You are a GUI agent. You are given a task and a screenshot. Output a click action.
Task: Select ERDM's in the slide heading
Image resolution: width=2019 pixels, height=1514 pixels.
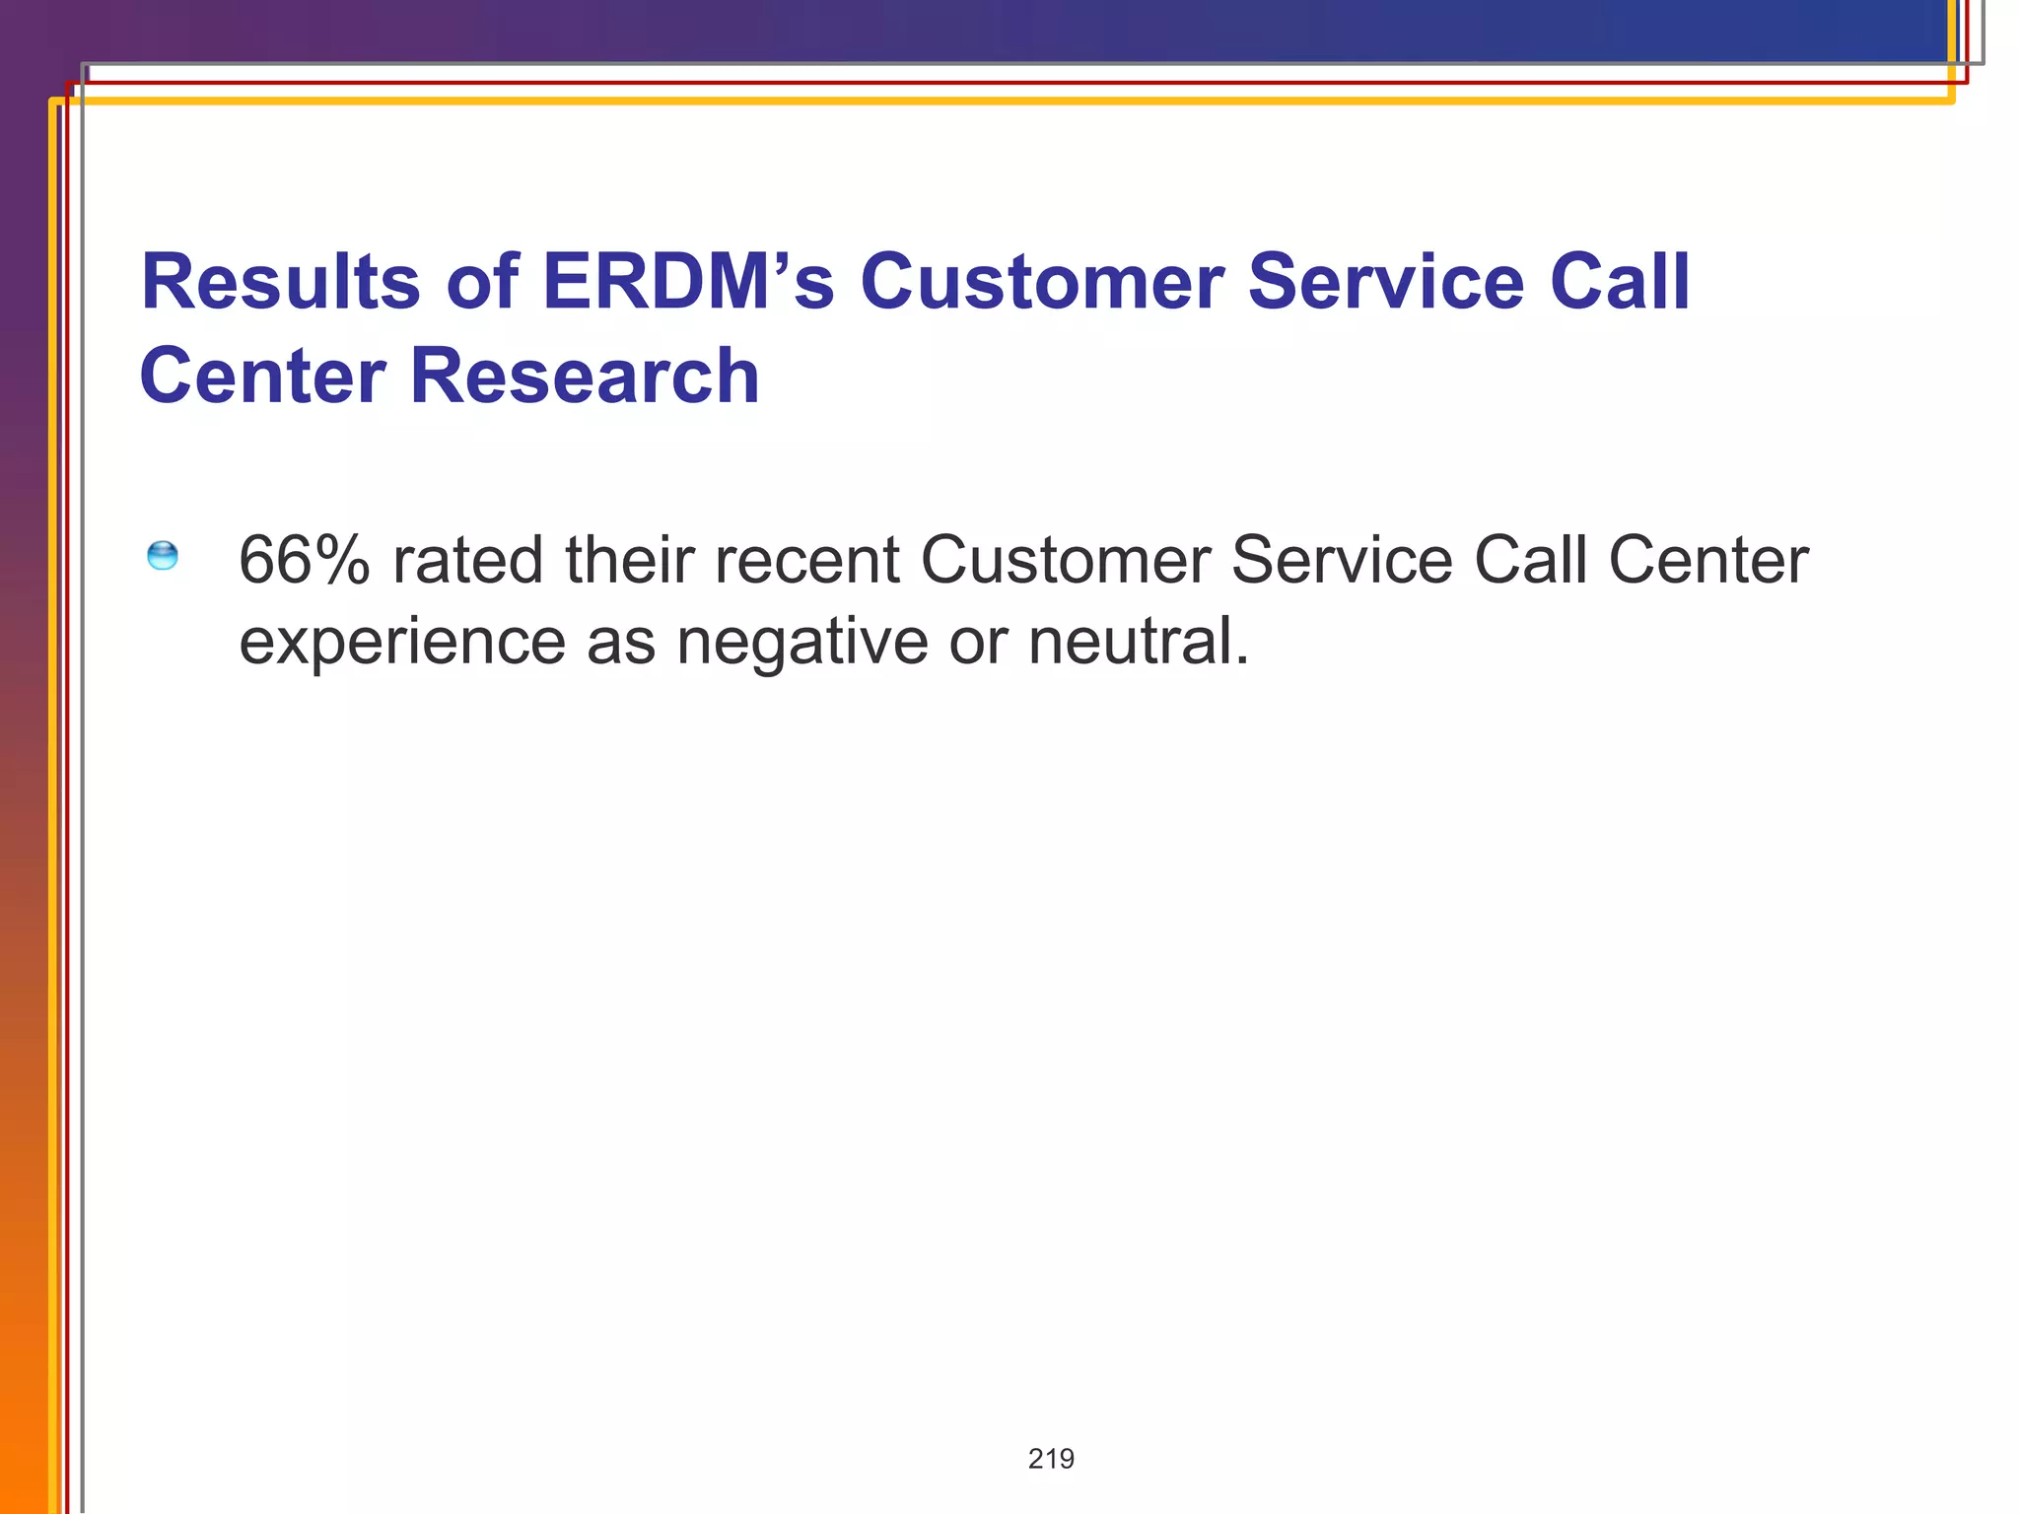point(688,282)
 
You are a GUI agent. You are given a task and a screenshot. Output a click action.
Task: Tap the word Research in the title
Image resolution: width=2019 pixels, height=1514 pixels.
point(585,377)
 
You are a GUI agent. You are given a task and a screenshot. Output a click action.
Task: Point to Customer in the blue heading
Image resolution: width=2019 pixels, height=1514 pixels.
point(1042,282)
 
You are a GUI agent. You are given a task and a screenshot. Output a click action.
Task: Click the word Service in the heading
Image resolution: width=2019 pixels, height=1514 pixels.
point(1385,282)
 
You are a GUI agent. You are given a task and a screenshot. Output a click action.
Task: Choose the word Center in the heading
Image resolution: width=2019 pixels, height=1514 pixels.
point(262,377)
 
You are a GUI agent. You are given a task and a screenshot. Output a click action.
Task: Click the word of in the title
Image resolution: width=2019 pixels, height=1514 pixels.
point(482,282)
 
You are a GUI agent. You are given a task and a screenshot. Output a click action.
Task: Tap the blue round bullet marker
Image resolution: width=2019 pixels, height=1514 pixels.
point(163,556)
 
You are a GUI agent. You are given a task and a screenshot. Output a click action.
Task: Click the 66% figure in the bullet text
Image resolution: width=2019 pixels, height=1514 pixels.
point(305,560)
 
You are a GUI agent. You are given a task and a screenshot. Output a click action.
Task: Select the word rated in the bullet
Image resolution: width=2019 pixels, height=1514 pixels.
point(468,560)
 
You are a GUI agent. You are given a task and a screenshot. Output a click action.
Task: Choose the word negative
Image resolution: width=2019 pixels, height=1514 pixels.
point(801,642)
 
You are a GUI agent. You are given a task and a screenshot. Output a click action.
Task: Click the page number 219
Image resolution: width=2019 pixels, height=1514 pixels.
point(1051,1459)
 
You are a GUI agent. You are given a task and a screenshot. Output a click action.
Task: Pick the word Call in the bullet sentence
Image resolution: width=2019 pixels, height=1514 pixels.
point(1531,560)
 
